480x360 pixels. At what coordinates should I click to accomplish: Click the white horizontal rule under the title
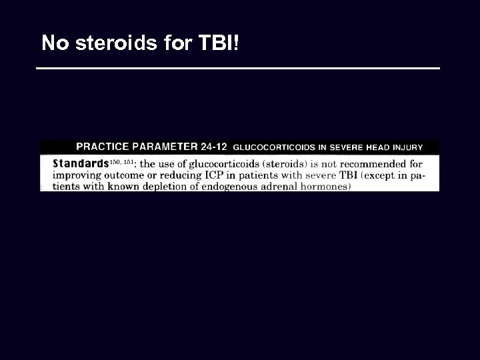point(238,68)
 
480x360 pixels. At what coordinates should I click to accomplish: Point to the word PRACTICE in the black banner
point(104,147)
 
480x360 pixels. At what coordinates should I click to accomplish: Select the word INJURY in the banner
point(407,147)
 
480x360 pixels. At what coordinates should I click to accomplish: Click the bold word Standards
point(80,163)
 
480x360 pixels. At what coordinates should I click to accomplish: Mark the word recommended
point(376,164)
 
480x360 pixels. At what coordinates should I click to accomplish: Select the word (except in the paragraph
point(373,175)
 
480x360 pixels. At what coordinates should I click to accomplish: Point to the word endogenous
point(231,187)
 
